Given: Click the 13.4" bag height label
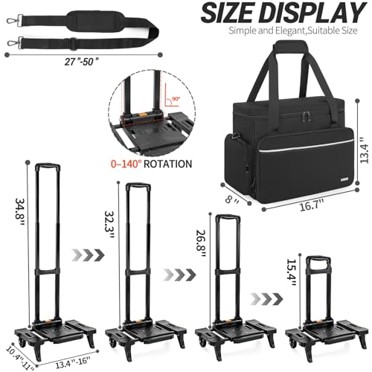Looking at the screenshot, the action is pos(365,150).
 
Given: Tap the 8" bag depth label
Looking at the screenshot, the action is pos(232,199).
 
